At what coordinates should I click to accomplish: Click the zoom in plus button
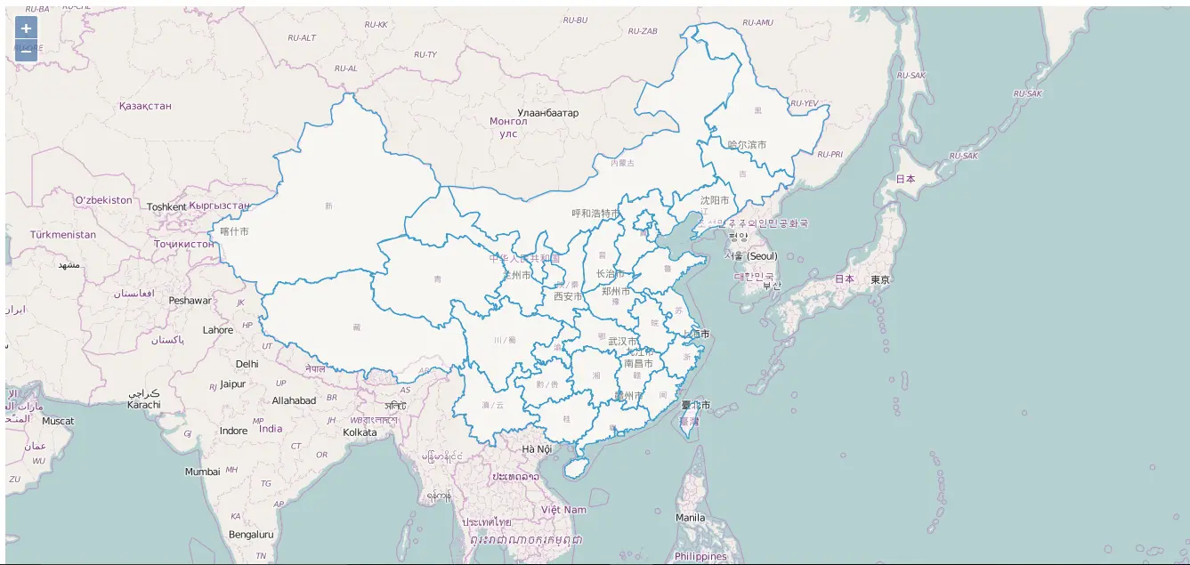click(26, 28)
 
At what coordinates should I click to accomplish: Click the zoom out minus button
click(26, 51)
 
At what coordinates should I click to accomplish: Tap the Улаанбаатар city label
click(547, 113)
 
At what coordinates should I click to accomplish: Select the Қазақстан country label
click(145, 106)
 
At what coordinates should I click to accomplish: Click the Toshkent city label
click(166, 207)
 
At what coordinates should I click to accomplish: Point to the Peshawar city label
click(190, 301)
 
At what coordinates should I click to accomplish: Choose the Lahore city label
click(218, 330)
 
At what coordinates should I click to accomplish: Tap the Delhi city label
click(247, 364)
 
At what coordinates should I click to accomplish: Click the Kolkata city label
click(360, 433)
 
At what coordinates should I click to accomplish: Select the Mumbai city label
click(202, 472)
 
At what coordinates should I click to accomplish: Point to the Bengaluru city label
click(251, 535)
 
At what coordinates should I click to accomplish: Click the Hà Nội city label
click(537, 449)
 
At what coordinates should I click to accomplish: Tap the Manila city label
click(690, 518)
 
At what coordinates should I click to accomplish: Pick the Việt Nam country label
click(563, 510)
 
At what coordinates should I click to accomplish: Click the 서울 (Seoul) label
click(750, 256)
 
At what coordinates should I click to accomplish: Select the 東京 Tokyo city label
click(880, 279)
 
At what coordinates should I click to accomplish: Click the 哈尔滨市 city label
click(747, 144)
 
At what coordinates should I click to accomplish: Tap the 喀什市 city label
click(234, 231)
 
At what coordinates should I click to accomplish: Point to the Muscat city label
click(58, 421)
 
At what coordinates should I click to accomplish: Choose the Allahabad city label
click(294, 400)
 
